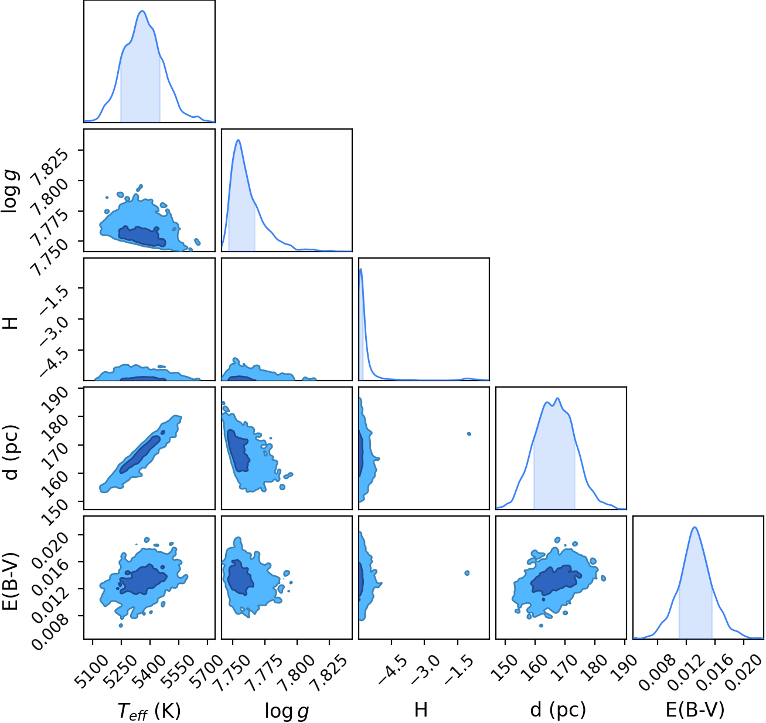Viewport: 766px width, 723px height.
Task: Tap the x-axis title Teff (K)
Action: (x=149, y=711)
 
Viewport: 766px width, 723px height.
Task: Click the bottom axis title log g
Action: (x=287, y=711)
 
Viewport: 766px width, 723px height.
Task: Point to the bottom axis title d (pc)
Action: (x=558, y=710)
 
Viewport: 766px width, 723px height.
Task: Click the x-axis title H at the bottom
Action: (x=421, y=710)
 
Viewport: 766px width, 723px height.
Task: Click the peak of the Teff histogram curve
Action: (x=142, y=11)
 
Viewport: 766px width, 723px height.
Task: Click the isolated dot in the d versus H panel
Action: (x=469, y=434)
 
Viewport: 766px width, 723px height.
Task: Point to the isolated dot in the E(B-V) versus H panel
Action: (x=467, y=573)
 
